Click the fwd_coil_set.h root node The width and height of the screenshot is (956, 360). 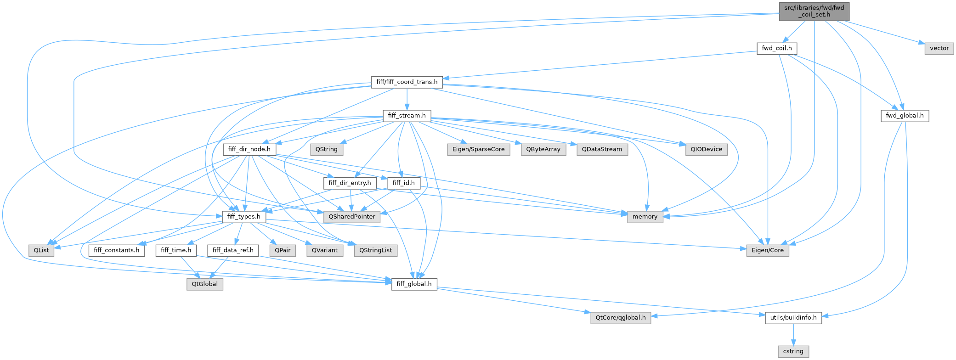(x=814, y=11)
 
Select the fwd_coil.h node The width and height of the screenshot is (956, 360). (x=776, y=48)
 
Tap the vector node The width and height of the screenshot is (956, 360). (x=939, y=48)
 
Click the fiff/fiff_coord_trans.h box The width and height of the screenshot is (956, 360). (x=407, y=82)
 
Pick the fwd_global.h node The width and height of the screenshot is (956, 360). (x=905, y=116)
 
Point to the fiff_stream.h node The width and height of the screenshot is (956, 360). (x=407, y=116)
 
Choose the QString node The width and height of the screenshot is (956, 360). (x=326, y=149)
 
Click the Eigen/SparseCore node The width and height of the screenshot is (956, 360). (x=478, y=149)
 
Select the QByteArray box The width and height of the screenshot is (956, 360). (x=543, y=149)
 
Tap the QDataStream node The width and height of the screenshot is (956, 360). (x=602, y=149)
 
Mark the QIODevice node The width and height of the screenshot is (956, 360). (x=706, y=149)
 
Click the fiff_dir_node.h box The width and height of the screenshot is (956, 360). (x=249, y=149)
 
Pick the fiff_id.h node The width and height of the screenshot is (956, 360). (x=403, y=183)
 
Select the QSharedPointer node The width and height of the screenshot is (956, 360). (x=352, y=216)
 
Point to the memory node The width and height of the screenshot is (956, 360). (x=645, y=216)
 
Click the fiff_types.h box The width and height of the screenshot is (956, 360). (x=243, y=216)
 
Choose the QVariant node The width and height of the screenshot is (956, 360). (x=324, y=250)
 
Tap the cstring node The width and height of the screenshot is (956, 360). (x=793, y=351)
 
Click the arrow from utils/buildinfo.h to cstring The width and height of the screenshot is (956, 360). (x=793, y=334)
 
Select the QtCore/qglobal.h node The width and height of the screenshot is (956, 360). (x=620, y=317)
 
